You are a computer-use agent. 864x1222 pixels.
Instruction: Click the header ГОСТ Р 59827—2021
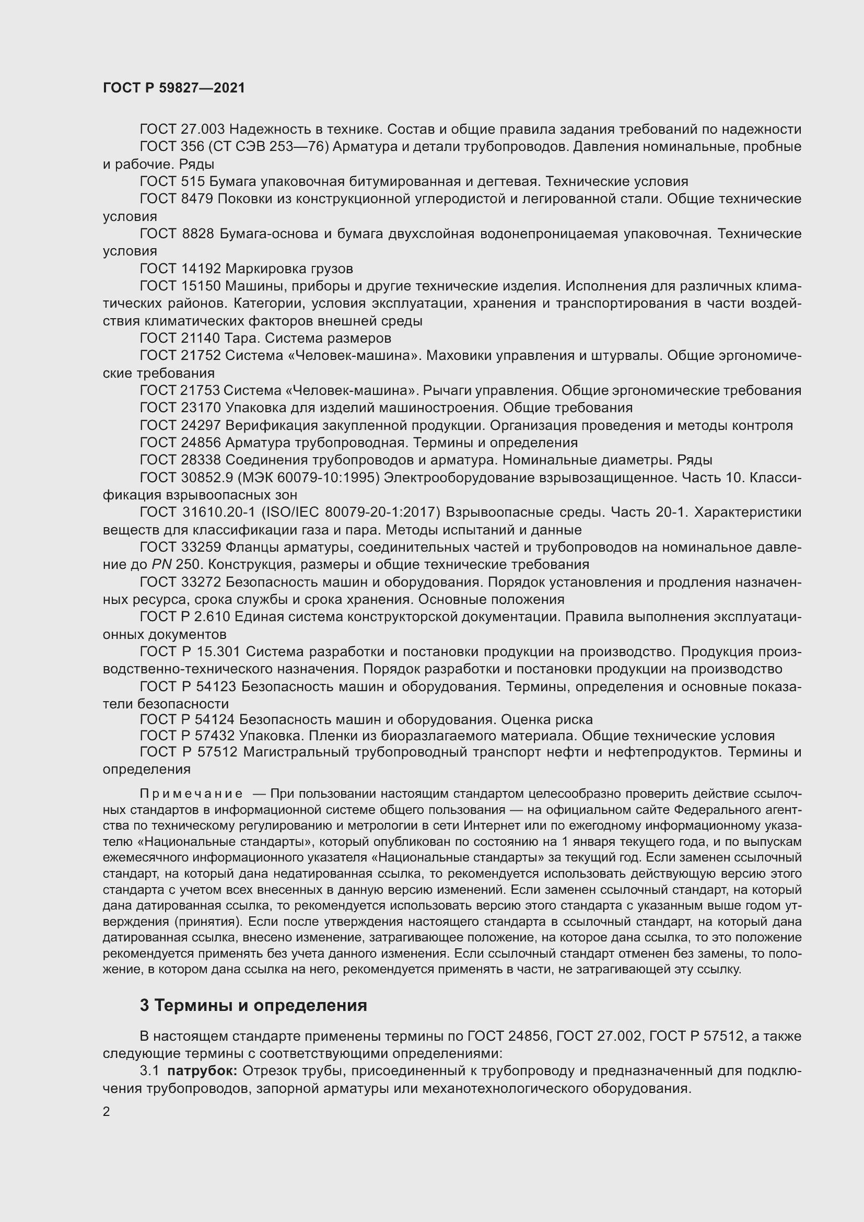pyautogui.click(x=174, y=88)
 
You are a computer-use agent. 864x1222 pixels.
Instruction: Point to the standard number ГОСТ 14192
pyautogui.click(x=180, y=268)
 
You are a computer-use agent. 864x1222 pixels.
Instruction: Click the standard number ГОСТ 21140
pyautogui.click(x=180, y=338)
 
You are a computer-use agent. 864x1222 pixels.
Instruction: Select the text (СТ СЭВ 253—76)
pyautogui.click(x=268, y=146)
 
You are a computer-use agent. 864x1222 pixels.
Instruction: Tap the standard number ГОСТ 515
pyautogui.click(x=172, y=181)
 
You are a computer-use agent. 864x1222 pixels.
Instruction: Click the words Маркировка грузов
pyautogui.click(x=289, y=268)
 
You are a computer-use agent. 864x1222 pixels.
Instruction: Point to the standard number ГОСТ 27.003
pyautogui.click(x=182, y=129)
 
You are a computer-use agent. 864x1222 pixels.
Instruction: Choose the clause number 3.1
pyautogui.click(x=149, y=1071)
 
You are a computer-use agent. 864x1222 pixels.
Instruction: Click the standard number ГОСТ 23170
pyautogui.click(x=180, y=408)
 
